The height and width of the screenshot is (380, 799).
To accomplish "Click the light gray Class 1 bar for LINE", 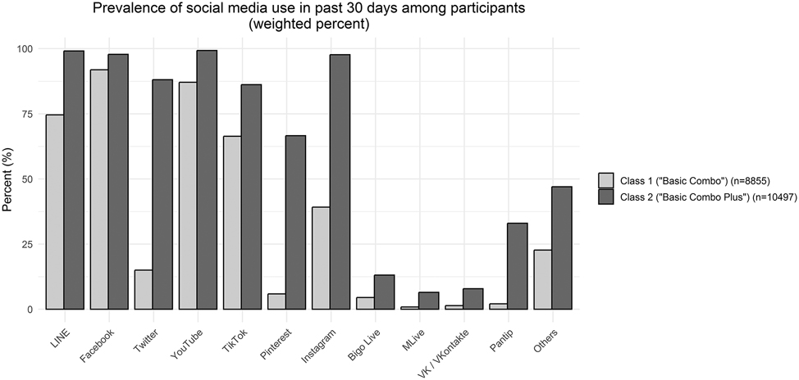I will [56, 212].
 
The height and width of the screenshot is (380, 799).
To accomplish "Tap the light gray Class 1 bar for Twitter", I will [144, 290].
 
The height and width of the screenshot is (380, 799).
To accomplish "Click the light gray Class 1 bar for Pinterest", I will [276, 301].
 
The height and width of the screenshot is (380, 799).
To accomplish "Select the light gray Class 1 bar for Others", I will [541, 279].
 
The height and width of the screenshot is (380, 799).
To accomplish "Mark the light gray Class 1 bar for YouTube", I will [188, 196].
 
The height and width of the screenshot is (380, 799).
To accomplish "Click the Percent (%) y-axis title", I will [8, 179].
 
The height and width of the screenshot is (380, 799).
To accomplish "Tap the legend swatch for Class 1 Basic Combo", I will [606, 179].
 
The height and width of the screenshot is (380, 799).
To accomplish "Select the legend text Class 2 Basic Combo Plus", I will [697, 196].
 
